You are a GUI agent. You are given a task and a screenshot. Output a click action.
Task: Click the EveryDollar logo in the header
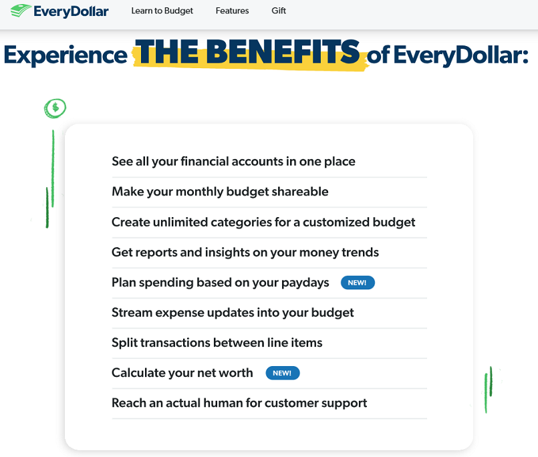tap(59, 11)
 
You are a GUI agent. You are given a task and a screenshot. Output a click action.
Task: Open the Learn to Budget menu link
tap(162, 11)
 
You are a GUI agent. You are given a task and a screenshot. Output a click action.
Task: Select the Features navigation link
tap(233, 11)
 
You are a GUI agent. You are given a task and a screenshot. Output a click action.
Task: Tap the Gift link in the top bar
tap(279, 11)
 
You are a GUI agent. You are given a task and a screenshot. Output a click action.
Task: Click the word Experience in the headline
tap(66, 55)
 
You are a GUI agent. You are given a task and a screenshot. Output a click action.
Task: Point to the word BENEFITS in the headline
tap(283, 51)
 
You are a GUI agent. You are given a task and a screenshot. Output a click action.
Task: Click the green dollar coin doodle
tap(55, 108)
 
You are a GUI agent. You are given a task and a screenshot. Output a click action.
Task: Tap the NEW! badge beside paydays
tap(358, 283)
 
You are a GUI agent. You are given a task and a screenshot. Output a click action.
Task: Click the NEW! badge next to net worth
tap(283, 373)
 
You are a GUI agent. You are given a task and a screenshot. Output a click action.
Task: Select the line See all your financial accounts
tap(233, 161)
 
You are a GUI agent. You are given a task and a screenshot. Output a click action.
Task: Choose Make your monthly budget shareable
tap(220, 192)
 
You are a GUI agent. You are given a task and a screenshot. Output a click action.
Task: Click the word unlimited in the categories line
tap(180, 222)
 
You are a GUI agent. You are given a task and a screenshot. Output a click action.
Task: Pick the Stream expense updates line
tap(233, 313)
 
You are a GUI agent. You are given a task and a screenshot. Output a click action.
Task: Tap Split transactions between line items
tap(217, 343)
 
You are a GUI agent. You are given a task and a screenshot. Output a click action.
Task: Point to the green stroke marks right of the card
tap(489, 390)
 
